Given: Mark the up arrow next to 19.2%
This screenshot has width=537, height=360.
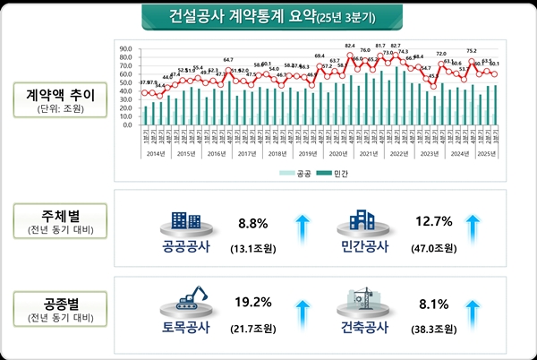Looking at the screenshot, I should [x=301, y=314].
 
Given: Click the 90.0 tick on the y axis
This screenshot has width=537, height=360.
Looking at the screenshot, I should [x=125, y=49].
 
